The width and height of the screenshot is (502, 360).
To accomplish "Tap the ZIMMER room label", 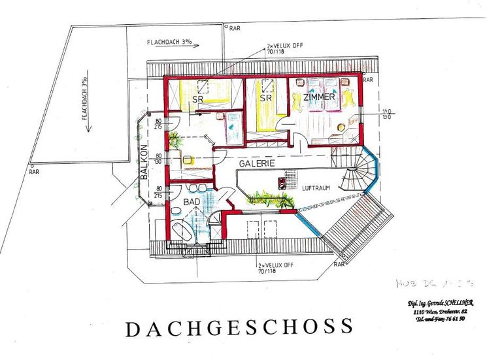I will pos(319,97).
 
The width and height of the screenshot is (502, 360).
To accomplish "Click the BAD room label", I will pos(191,203).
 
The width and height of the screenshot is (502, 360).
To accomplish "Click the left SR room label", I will pos(197,99).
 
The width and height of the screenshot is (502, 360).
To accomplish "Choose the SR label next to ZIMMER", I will pos(265,97).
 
